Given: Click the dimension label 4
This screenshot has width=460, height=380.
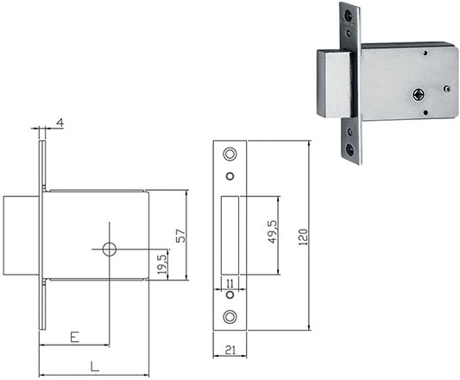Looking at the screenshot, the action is click(x=60, y=123).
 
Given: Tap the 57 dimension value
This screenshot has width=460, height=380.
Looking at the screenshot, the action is click(x=180, y=236).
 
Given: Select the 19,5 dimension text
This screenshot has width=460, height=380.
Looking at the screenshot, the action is click(x=162, y=264).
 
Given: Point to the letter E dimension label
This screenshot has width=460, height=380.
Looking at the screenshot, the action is click(x=75, y=337).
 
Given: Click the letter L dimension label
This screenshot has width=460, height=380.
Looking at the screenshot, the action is click(x=94, y=366).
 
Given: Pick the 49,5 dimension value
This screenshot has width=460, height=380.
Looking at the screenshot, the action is click(x=273, y=231).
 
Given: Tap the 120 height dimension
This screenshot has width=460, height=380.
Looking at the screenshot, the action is click(x=303, y=237).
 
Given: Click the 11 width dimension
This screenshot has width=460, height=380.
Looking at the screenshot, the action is click(x=230, y=283).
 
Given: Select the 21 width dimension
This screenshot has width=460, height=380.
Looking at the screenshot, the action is click(x=230, y=350).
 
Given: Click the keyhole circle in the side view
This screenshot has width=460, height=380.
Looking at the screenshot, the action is click(x=110, y=250).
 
